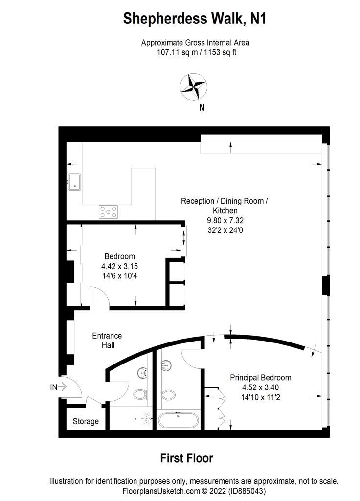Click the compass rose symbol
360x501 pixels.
[x=193, y=87]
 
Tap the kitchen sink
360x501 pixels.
[x=74, y=182]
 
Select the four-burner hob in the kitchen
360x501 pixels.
[x=108, y=212]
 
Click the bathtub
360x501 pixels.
[x=178, y=420]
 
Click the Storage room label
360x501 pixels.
[x=86, y=421]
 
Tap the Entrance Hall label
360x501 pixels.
[x=107, y=341]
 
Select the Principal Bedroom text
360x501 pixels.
[x=261, y=377]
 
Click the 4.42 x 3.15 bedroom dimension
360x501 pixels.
[x=120, y=266]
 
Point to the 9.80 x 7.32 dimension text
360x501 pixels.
[x=225, y=220]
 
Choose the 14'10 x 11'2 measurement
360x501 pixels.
[x=261, y=397]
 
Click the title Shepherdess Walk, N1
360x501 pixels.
[x=195, y=19]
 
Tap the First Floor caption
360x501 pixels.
[x=186, y=458]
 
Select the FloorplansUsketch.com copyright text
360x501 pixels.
[x=194, y=491]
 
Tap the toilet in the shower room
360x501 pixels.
[x=139, y=394]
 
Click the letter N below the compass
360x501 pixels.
[x=202, y=107]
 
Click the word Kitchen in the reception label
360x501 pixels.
[x=225, y=210]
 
